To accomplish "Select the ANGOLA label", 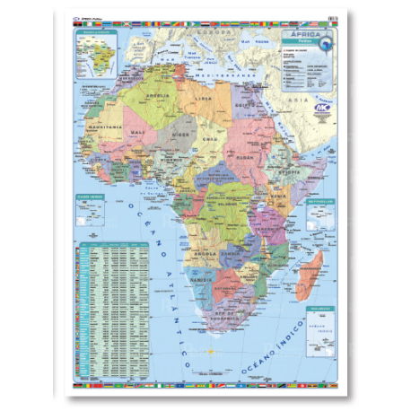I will (x=208, y=253).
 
